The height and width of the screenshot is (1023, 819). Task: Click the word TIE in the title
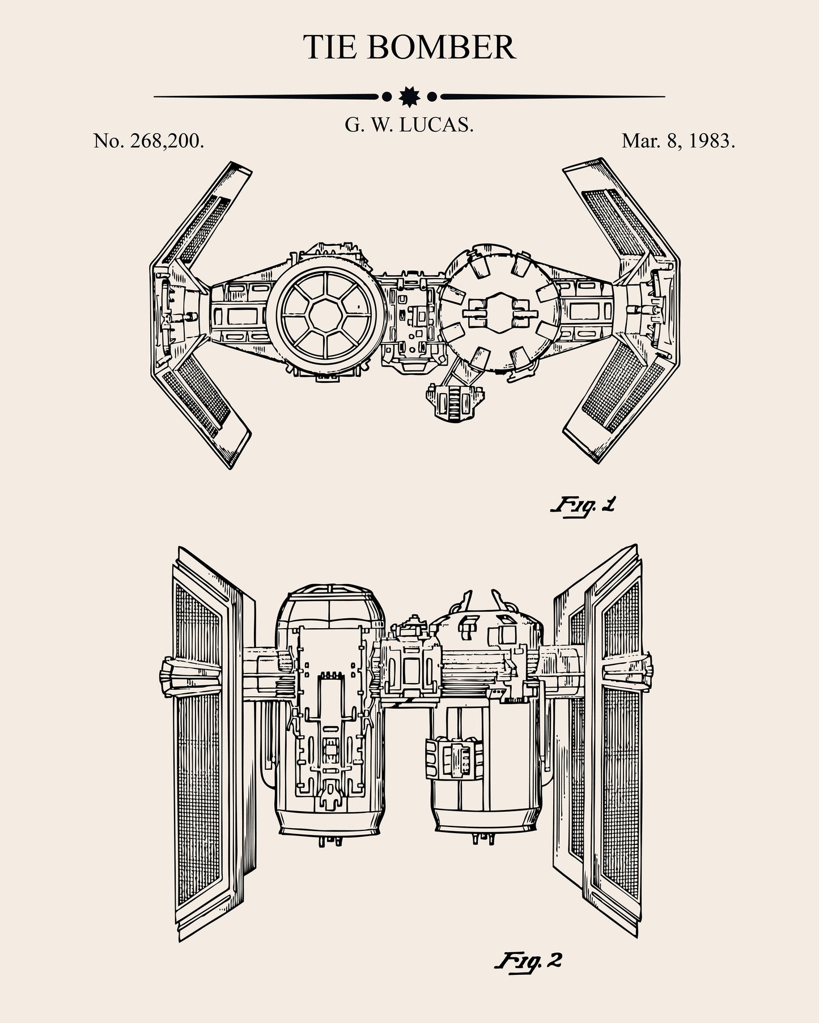[x=330, y=47]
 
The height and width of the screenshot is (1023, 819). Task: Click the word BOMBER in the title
[x=442, y=47]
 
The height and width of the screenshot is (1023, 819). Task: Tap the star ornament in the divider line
[x=409, y=97]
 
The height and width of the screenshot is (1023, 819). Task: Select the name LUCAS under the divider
[x=436, y=125]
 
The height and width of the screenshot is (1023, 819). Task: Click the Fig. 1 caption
[x=583, y=504]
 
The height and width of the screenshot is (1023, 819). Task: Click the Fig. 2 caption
[x=529, y=961]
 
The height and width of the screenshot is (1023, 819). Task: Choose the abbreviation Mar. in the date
[x=641, y=140]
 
